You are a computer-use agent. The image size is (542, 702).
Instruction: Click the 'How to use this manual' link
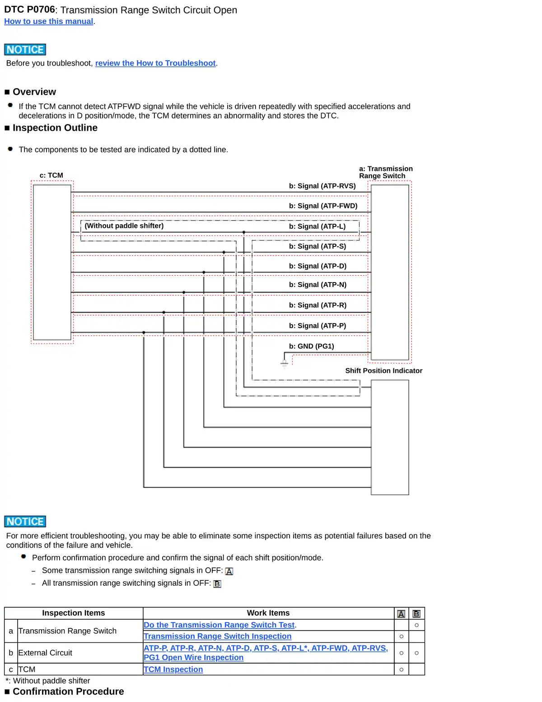click(x=48, y=21)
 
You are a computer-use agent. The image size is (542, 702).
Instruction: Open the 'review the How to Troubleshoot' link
click(x=155, y=63)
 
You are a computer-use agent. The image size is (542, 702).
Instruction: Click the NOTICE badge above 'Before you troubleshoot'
click(x=25, y=50)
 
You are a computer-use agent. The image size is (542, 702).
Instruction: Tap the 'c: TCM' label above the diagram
click(x=51, y=175)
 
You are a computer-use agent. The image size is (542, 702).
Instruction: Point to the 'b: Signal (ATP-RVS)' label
click(x=322, y=186)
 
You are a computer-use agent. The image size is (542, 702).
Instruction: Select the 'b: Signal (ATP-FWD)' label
click(x=323, y=206)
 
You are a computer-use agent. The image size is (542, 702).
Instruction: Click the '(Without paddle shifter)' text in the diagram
click(x=124, y=226)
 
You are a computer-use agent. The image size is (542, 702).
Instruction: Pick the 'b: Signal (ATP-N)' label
click(x=318, y=285)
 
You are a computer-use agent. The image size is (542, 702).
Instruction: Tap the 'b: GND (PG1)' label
click(x=311, y=346)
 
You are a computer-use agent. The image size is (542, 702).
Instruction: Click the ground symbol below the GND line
click(x=284, y=363)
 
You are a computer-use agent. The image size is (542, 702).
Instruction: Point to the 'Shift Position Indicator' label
click(x=383, y=371)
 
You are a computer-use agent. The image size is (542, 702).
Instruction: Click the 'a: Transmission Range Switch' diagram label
click(x=385, y=172)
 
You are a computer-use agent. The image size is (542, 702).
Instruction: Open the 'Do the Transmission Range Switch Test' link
click(x=219, y=625)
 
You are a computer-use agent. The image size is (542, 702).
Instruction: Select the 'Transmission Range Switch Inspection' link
click(x=217, y=636)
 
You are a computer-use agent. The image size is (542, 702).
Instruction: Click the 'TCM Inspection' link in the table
click(x=173, y=669)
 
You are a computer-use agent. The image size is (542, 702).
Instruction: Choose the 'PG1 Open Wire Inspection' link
click(x=193, y=658)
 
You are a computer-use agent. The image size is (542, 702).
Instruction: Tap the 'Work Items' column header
click(x=268, y=613)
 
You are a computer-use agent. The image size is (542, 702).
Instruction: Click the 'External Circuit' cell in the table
click(x=45, y=653)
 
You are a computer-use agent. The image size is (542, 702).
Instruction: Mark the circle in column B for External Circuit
click(x=416, y=653)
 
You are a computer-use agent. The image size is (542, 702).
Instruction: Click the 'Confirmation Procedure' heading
click(x=68, y=692)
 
